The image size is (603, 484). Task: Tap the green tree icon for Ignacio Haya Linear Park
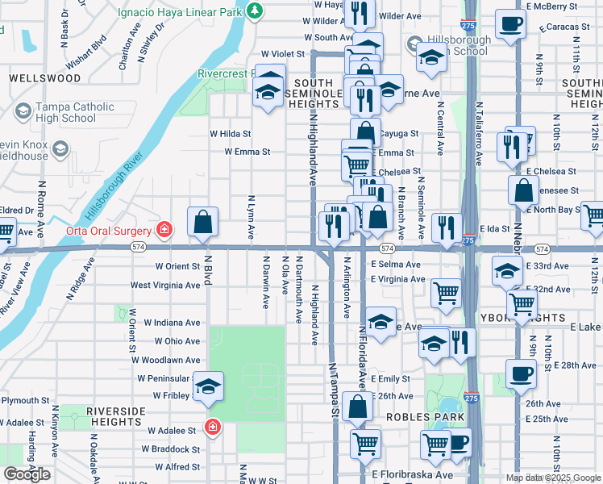point(254,10)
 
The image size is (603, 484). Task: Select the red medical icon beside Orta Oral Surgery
point(164,230)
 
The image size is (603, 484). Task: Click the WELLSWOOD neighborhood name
point(45,78)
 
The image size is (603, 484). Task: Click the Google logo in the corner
point(27,474)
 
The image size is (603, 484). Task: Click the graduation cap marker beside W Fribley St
point(208,389)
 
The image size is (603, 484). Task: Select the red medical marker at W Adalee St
point(212,426)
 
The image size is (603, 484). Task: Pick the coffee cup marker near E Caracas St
point(509,24)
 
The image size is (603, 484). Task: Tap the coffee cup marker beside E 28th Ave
point(521,373)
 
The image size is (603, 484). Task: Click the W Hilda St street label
point(231,134)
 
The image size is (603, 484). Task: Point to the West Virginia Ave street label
point(165,285)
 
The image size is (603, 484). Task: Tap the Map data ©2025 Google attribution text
point(552,478)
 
